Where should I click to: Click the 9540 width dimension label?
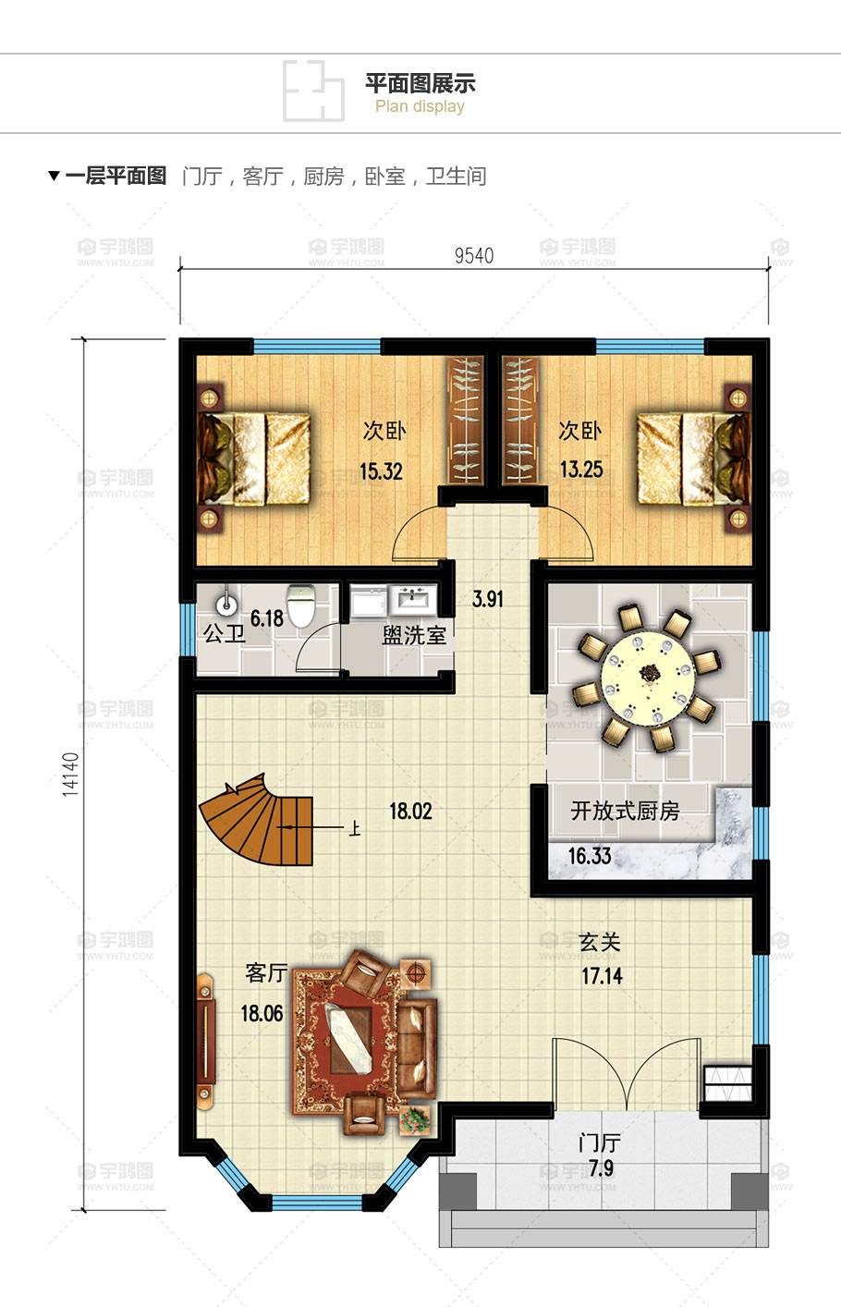pyautogui.click(x=474, y=255)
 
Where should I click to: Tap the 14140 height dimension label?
pyautogui.click(x=70, y=775)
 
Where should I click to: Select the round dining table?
pyautogui.click(x=649, y=678)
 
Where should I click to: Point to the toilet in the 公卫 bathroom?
pyautogui.click(x=301, y=605)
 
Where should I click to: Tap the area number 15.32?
pyautogui.click(x=382, y=471)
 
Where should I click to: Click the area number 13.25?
pyautogui.click(x=581, y=470)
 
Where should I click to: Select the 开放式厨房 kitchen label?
pyautogui.click(x=626, y=811)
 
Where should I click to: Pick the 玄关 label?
pyautogui.click(x=600, y=942)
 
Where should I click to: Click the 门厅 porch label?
pyautogui.click(x=600, y=1143)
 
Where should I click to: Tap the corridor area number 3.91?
pyautogui.click(x=488, y=599)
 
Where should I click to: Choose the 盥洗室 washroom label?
pyautogui.click(x=414, y=635)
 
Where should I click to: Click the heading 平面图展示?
pyautogui.click(x=420, y=84)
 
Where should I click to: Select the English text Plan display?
pyautogui.click(x=420, y=107)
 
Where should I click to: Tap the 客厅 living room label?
pyautogui.click(x=266, y=972)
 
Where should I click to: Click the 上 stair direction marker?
pyautogui.click(x=354, y=829)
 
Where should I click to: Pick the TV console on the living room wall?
pyautogui.click(x=205, y=1039)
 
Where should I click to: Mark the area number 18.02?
pyautogui.click(x=410, y=812)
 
